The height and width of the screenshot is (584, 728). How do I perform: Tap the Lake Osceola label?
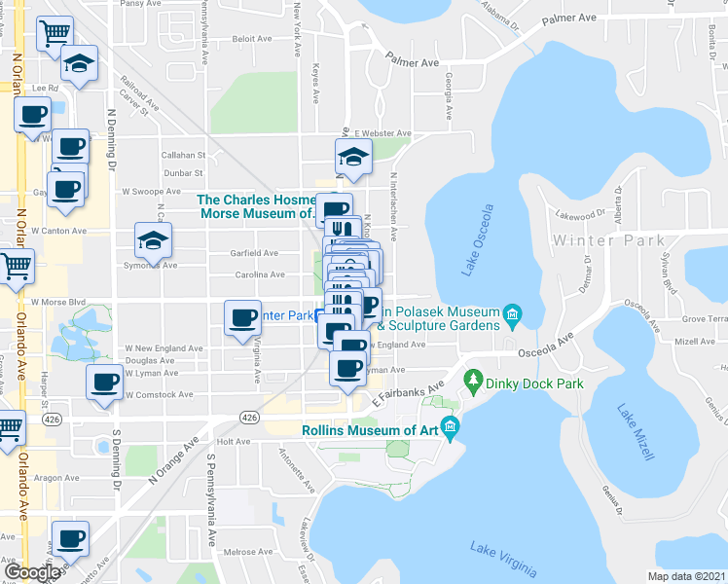[479, 239]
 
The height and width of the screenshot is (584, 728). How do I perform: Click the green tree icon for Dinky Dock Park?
[474, 378]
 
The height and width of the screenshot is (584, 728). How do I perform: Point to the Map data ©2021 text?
[686, 576]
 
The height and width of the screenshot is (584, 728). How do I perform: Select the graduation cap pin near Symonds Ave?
[153, 238]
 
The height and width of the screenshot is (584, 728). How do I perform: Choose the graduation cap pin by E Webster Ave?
[353, 155]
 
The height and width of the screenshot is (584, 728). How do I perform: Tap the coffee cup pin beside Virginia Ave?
[242, 317]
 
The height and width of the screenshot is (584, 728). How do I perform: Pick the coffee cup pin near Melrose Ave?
[69, 538]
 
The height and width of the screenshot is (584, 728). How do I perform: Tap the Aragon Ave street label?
[57, 478]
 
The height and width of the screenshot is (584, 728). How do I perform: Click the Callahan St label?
[184, 155]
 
